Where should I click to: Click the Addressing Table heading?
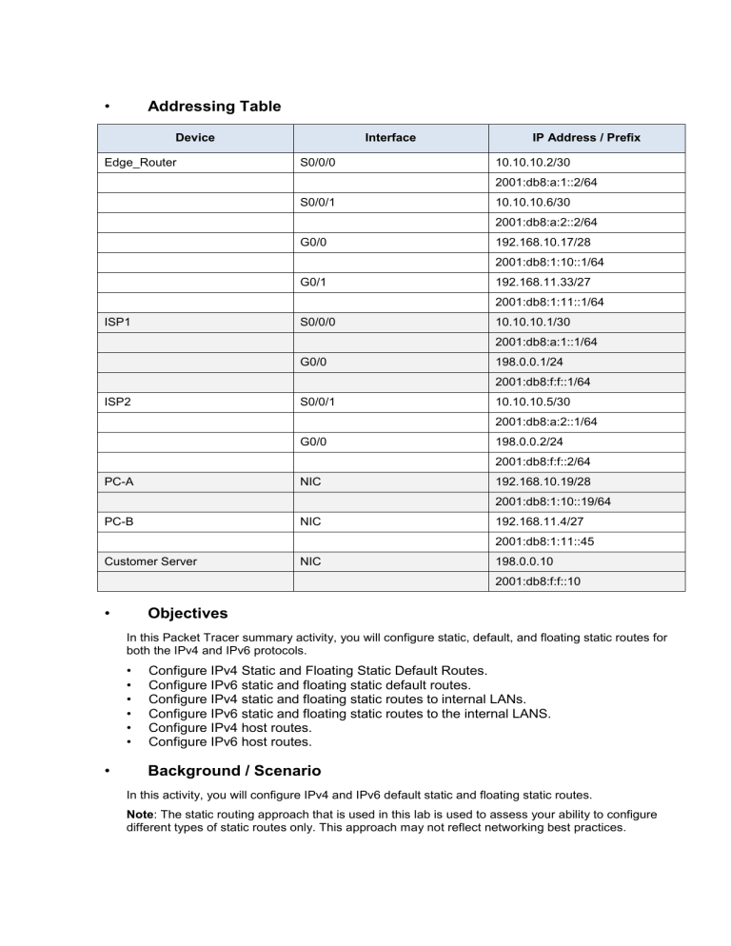coord(214,106)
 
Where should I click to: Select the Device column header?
coord(195,138)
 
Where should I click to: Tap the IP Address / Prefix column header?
coord(586,138)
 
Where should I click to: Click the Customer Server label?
coord(151,562)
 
